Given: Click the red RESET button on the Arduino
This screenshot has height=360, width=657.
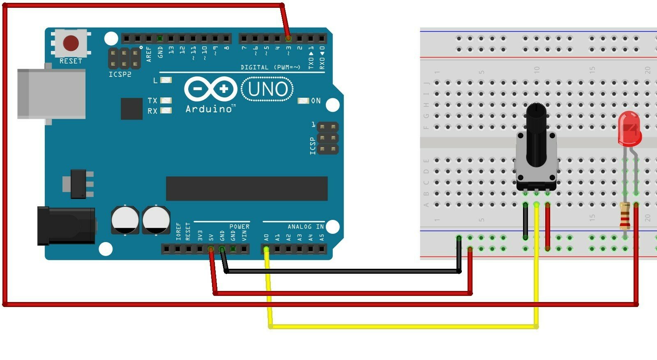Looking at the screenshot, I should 71,43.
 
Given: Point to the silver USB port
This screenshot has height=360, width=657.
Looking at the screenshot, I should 51,94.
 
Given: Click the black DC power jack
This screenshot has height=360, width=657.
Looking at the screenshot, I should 66,226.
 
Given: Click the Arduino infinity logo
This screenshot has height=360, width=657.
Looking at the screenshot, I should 211,89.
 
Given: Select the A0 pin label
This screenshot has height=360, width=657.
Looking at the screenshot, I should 266,238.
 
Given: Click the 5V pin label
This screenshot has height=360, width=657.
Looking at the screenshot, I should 211,238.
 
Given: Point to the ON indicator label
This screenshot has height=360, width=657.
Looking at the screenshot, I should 316,101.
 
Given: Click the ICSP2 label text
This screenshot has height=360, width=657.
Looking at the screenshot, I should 120,74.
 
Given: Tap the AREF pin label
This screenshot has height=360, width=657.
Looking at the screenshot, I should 149,54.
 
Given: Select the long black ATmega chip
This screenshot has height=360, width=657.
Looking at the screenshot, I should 247,189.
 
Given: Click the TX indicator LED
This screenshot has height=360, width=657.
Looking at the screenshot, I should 166,100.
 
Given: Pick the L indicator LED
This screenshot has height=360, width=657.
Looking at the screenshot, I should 166,80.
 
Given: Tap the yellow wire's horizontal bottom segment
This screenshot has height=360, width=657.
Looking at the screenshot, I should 403,327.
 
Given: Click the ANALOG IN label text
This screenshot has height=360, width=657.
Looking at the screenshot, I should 305,226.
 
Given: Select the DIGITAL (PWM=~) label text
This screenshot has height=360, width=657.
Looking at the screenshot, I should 270,67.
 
